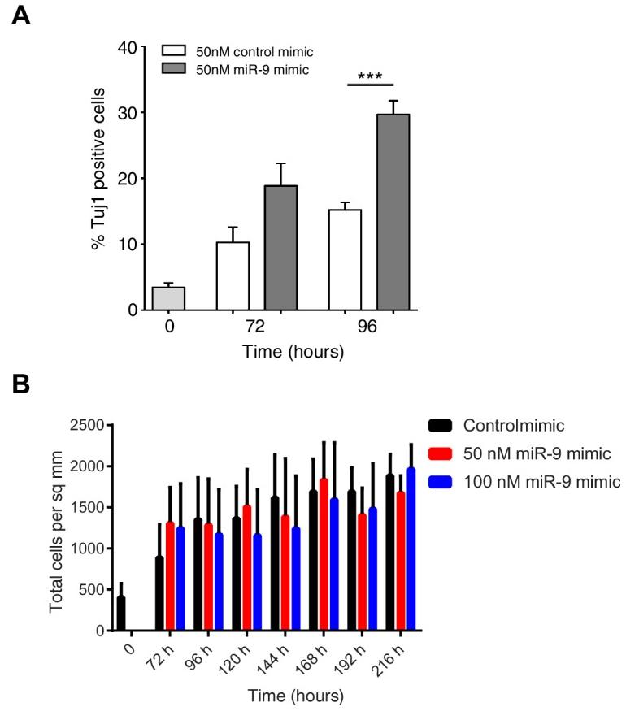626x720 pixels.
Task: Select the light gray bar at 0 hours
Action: click(168, 298)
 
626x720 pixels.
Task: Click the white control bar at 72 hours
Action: click(233, 275)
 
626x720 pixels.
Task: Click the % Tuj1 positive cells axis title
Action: click(98, 179)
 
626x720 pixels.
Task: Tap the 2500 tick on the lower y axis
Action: click(89, 425)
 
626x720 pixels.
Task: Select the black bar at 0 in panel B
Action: click(121, 614)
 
